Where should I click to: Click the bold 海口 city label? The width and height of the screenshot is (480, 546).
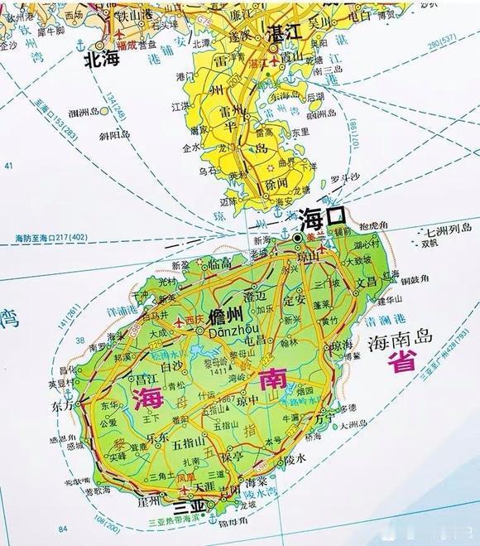coord(323,219)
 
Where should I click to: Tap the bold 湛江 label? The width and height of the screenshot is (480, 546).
coord(288,31)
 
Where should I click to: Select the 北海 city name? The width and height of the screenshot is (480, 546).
coord(103,60)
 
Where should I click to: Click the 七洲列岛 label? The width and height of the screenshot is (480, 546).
coord(448,231)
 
